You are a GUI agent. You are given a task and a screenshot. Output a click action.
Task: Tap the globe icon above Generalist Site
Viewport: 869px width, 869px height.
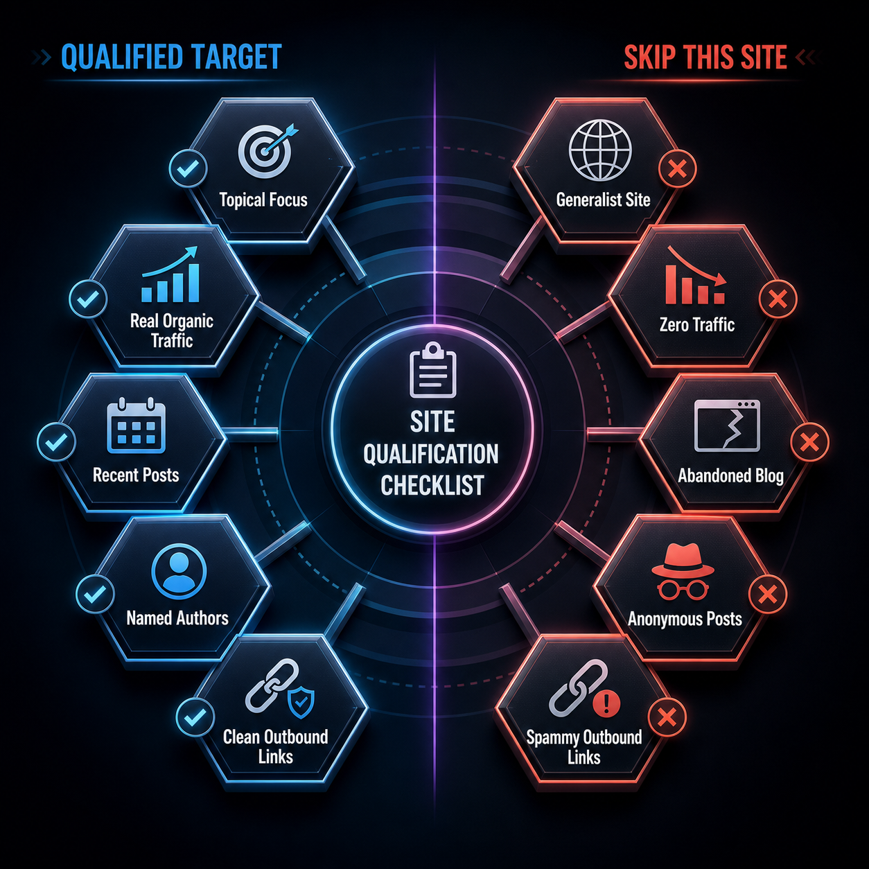coord(600,150)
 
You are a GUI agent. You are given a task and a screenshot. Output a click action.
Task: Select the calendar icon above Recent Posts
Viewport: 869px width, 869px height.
coord(137,425)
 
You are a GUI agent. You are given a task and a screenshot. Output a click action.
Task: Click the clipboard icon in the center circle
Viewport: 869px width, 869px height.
coord(433,370)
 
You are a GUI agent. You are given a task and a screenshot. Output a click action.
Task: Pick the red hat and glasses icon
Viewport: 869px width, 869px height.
coord(683,572)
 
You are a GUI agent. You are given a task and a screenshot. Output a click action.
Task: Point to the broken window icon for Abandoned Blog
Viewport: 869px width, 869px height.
coord(727,425)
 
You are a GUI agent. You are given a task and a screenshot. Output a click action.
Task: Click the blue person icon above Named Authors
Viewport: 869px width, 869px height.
coord(179,571)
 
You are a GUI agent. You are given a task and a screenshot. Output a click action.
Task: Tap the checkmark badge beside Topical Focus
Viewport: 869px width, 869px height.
coord(188,168)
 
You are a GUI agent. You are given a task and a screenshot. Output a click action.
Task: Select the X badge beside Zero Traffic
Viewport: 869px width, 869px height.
coord(778,299)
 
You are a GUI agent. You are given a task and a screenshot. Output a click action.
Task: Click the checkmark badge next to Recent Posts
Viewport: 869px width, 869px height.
coord(56,442)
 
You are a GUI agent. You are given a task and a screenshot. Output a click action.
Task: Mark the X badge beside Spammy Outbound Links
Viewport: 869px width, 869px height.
coord(667,717)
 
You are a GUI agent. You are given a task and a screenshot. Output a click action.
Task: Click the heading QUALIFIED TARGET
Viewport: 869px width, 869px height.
coord(171,58)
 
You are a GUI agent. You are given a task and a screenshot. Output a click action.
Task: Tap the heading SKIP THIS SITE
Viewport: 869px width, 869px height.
coord(705,58)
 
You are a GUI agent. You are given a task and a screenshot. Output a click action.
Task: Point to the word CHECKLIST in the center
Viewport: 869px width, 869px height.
coord(432,485)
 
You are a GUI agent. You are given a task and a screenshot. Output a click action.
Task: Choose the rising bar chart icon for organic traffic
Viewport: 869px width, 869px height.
coord(170,274)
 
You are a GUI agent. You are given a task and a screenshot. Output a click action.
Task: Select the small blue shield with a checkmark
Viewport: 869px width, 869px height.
coord(301,702)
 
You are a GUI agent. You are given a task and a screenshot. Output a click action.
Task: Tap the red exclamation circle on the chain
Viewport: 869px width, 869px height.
coord(606,703)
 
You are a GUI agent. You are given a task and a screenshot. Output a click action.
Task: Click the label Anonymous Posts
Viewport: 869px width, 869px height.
coord(685,619)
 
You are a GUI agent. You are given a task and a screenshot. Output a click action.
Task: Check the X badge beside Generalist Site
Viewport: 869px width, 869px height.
coord(677,169)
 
